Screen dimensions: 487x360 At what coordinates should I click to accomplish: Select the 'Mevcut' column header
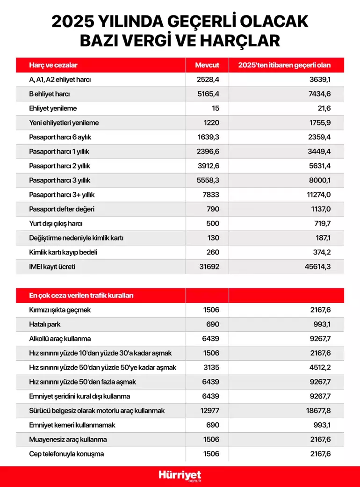207,65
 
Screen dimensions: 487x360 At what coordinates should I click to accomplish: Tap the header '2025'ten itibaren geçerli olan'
284,65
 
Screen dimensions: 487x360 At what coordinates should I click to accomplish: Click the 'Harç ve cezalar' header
53,65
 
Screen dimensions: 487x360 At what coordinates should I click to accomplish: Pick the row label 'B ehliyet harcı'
50,94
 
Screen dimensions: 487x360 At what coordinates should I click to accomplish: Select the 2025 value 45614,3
317,267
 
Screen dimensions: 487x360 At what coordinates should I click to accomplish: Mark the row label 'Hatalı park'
46,324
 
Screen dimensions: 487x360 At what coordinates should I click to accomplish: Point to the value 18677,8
317,410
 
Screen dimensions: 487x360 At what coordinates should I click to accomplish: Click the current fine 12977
207,410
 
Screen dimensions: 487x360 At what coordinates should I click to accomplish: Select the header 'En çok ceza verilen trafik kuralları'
82,295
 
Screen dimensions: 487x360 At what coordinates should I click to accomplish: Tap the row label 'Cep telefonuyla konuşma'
66,454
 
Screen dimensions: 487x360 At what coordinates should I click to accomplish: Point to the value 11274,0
318,195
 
